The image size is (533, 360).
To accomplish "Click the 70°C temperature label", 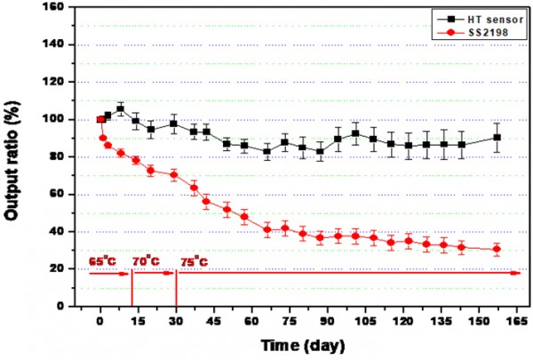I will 147,261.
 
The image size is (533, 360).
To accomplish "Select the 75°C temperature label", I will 195,261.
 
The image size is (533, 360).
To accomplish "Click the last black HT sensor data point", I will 497,137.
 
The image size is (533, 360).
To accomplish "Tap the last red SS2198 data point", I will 497,249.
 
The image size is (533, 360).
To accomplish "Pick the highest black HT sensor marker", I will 120,108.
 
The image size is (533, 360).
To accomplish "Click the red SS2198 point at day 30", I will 174,174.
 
